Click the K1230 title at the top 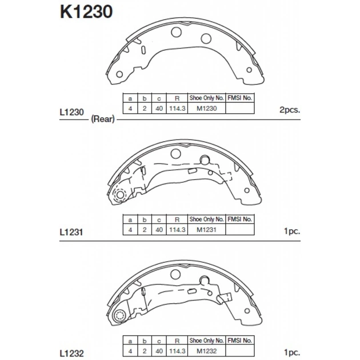pos(86,11)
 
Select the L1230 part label pos(71,112)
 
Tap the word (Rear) pos(103,119)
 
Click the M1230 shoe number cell pos(207,109)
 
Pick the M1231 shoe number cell pos(206,230)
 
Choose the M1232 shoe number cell pos(207,351)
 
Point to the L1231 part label pos(71,232)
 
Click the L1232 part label pos(71,353)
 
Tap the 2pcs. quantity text pos(290,110)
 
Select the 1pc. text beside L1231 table pos(292,231)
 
